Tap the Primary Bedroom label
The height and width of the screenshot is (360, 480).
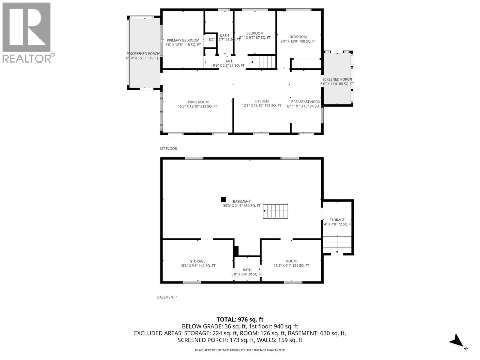(183, 42)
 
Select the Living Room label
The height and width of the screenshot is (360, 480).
(197, 104)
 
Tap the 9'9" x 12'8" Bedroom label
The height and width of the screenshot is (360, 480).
(298, 39)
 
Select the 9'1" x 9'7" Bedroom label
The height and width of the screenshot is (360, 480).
(255, 35)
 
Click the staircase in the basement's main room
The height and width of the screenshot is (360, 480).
(275, 211)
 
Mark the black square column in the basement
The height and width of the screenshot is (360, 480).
(223, 199)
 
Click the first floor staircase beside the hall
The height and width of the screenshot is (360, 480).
(263, 62)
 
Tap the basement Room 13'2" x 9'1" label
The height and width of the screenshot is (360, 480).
(291, 263)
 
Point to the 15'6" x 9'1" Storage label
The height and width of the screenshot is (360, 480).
(197, 263)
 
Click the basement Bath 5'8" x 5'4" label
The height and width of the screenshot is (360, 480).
(247, 272)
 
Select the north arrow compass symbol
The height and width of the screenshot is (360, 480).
(457, 341)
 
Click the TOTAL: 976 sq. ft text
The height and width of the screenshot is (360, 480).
(240, 319)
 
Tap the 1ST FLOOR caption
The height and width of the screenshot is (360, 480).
(168, 148)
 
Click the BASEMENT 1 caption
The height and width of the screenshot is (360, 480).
(167, 297)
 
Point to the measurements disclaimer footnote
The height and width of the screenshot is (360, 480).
(240, 350)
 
